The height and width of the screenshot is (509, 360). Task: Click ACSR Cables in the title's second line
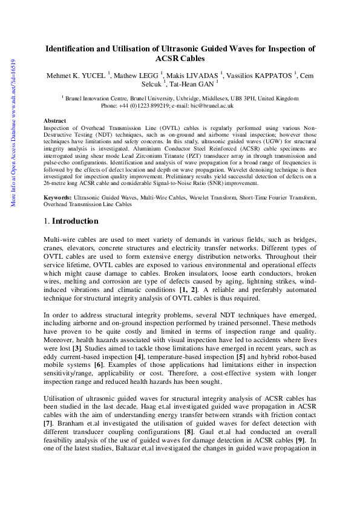point(180,59)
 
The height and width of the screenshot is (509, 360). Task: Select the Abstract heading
point(55,121)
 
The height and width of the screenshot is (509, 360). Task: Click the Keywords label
point(58,181)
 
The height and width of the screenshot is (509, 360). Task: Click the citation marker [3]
point(76,349)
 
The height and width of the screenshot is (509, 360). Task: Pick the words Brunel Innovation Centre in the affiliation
point(98,98)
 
